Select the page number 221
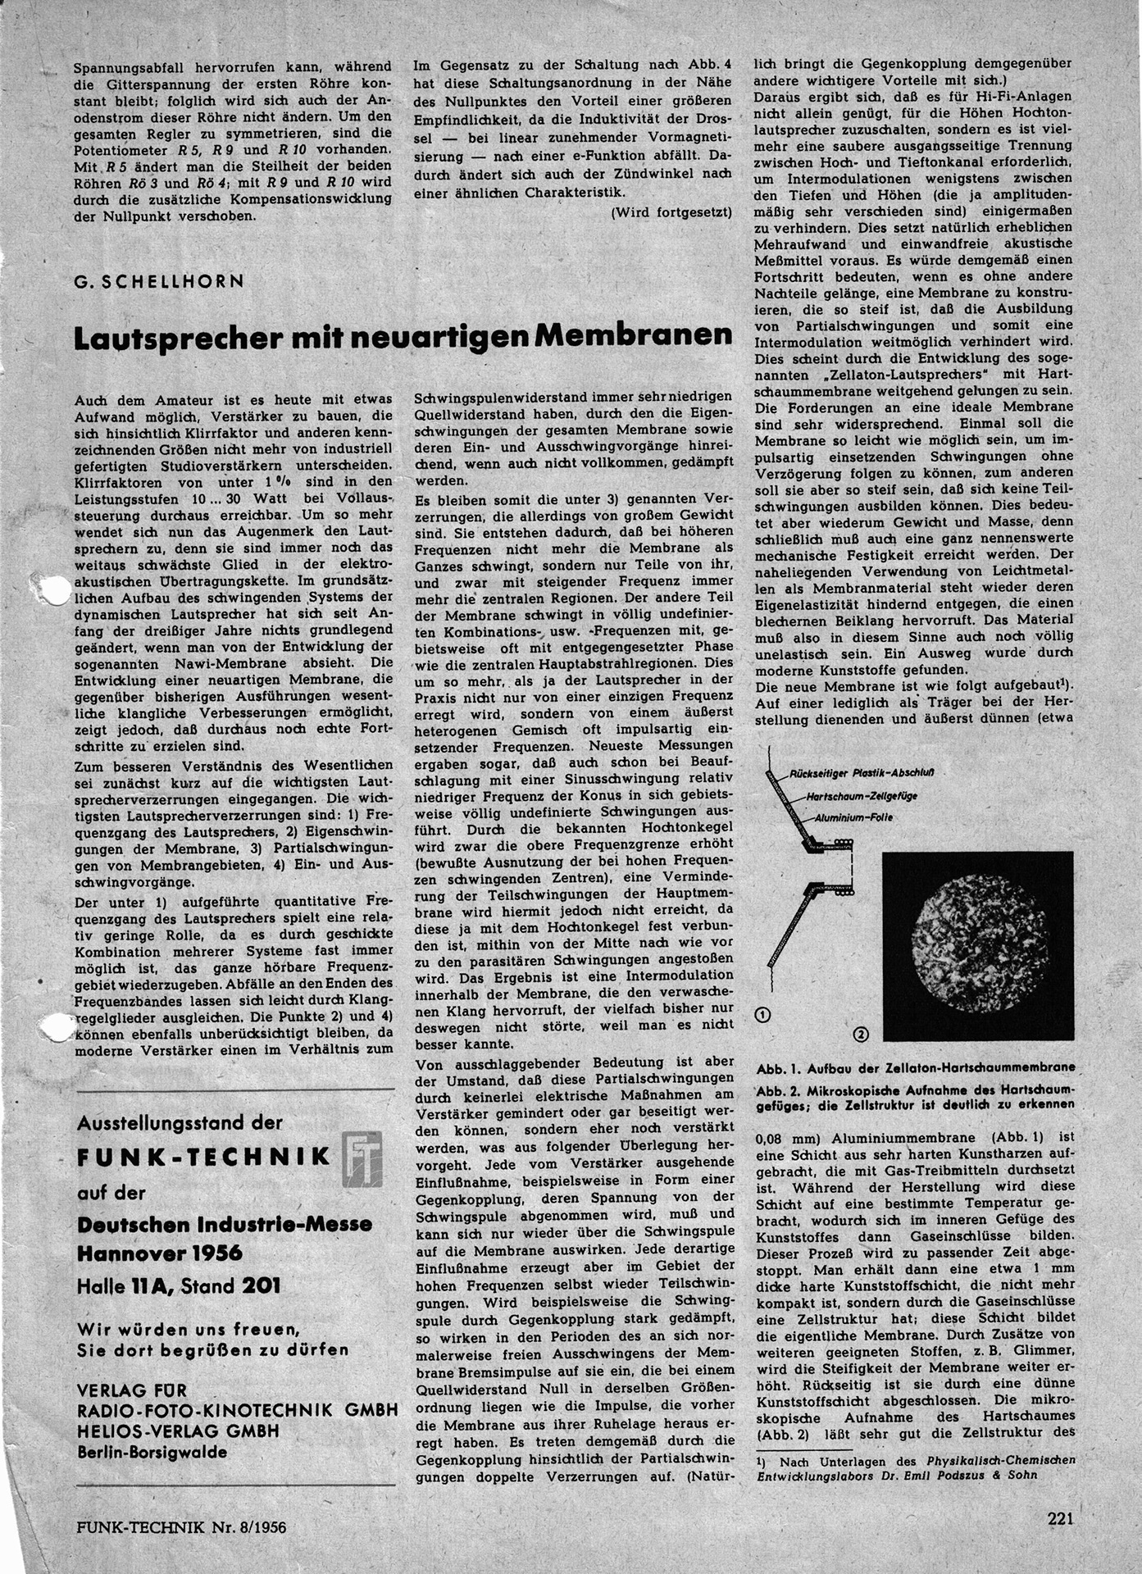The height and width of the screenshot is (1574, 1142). [1062, 1518]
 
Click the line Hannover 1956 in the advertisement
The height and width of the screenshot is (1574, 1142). [160, 1253]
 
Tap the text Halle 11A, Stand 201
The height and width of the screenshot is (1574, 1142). [179, 1285]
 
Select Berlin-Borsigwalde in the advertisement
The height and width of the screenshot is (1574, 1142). [152, 1452]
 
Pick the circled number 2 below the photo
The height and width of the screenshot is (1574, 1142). [861, 1035]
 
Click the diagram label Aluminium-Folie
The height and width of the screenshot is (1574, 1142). [853, 817]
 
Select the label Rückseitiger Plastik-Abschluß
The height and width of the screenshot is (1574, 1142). [863, 773]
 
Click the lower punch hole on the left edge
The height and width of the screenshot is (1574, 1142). [56, 1027]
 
